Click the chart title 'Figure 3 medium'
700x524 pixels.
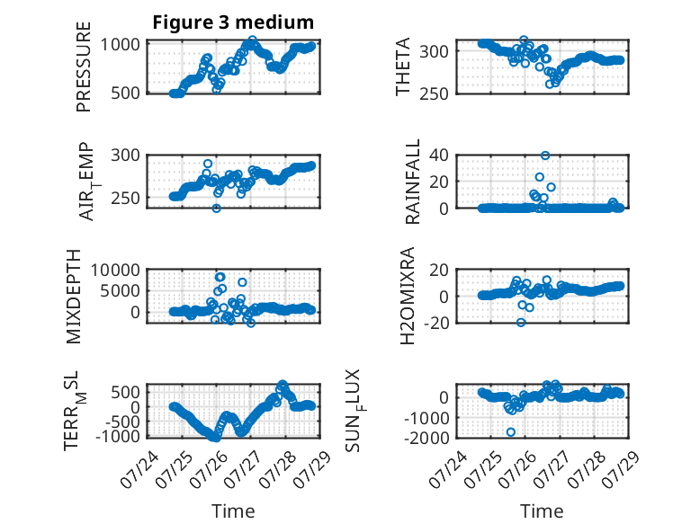point(233,22)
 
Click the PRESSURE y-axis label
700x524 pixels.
point(84,67)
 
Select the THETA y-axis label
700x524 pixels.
point(403,67)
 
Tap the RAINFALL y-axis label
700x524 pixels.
point(412,181)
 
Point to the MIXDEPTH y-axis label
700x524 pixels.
point(73,296)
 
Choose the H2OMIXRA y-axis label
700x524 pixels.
point(408,296)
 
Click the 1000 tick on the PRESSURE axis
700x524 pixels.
point(120,45)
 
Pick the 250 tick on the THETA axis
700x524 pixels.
point(434,93)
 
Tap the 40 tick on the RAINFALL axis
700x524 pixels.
point(438,155)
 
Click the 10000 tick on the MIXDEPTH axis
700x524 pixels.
point(115,270)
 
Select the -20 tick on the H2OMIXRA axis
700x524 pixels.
point(435,323)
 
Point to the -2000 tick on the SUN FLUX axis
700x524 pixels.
point(426,438)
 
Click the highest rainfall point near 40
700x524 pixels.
point(545,155)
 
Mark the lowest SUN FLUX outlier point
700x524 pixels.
point(511,432)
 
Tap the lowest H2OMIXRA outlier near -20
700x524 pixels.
point(521,323)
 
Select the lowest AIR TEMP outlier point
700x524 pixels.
point(217,209)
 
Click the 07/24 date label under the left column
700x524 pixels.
point(139,469)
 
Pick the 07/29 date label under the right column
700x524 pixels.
point(621,469)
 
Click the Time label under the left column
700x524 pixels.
point(233,511)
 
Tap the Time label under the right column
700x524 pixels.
point(542,511)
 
